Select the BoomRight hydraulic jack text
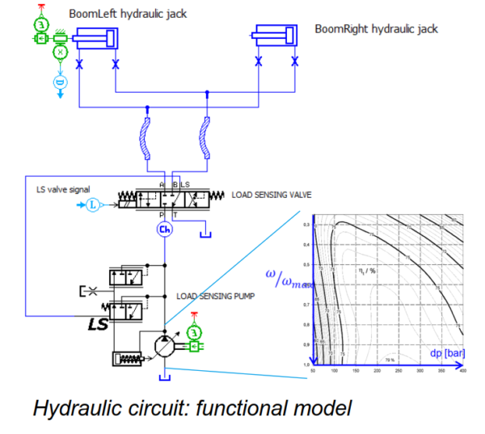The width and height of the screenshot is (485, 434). tap(376, 28)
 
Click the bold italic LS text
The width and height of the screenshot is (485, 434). tap(98, 324)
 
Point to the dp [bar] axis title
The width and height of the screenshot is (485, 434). tap(447, 352)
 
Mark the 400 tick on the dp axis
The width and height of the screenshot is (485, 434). tap(462, 372)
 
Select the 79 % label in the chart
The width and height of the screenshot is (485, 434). tap(389, 360)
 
